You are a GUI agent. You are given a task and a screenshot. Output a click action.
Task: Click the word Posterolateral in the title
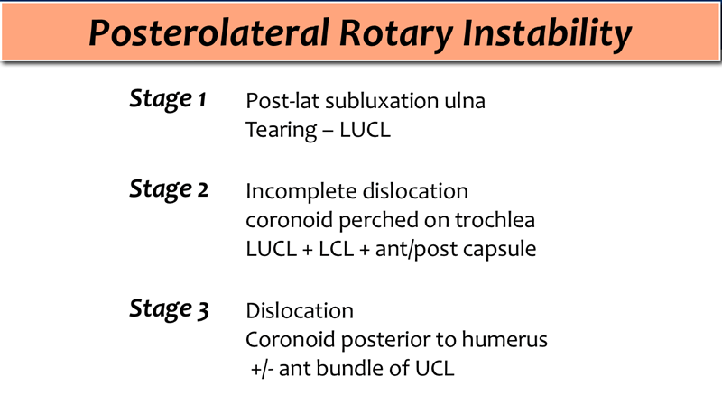click(x=209, y=33)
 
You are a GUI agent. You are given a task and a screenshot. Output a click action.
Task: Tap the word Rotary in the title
click(x=396, y=34)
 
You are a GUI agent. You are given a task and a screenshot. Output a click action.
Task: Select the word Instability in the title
click(x=547, y=34)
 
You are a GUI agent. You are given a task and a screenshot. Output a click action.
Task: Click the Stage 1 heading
click(x=168, y=99)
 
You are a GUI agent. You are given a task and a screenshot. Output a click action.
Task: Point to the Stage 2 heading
click(x=169, y=189)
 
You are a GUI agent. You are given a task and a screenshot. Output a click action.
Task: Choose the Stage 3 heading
click(x=169, y=309)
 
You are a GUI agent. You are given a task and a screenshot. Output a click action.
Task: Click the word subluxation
click(x=382, y=101)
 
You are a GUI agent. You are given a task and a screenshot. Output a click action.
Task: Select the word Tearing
click(x=282, y=131)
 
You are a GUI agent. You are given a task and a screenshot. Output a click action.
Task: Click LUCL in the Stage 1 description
click(x=365, y=130)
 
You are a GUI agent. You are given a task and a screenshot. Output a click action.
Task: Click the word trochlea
click(x=495, y=220)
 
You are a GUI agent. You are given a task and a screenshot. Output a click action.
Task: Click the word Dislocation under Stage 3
click(x=300, y=311)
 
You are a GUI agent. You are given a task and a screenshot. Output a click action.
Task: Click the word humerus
click(x=504, y=340)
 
